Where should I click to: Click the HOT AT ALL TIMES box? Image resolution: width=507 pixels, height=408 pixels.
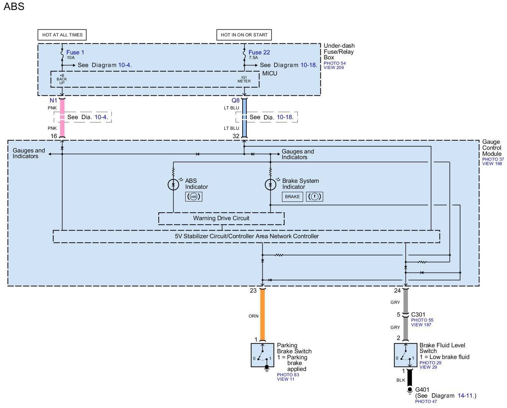[62, 35]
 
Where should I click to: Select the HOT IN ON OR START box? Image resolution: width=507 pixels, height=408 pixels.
[244, 35]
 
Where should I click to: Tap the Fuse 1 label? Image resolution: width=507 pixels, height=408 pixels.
[75, 52]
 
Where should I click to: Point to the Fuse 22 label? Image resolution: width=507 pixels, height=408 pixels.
[259, 52]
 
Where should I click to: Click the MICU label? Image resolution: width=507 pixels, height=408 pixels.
[270, 73]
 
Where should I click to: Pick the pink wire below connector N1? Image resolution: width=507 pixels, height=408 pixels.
[62, 117]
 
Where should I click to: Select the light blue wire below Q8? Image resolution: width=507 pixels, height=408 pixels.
[245, 117]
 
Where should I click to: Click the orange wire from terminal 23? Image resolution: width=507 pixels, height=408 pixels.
[262, 315]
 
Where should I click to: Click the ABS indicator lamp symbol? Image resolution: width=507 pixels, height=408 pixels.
[173, 184]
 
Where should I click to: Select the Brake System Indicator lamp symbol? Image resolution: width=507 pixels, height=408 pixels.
[270, 184]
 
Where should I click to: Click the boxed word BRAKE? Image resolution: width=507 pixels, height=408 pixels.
[292, 197]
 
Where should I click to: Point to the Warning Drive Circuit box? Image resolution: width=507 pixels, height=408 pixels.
[221, 219]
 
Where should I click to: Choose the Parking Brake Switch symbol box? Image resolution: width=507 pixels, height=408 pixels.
[262, 355]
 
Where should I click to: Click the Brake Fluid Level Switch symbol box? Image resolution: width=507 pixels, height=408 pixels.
[406, 355]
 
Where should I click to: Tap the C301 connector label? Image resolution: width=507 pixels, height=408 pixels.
[418, 315]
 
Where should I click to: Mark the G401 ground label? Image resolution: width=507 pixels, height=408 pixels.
[422, 390]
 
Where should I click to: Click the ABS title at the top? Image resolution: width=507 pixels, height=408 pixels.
[14, 6]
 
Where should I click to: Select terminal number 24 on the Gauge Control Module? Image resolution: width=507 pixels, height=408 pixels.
[397, 291]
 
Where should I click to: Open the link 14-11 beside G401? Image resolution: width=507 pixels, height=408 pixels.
[465, 396]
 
